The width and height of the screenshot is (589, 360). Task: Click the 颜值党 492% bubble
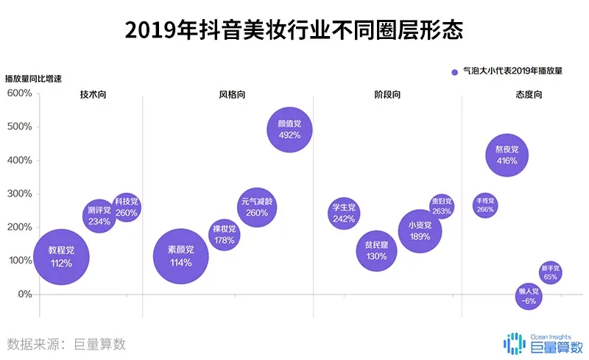click(x=289, y=130)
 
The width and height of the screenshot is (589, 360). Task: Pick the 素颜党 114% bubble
click(x=180, y=256)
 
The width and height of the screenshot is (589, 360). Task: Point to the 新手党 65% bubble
click(x=550, y=272)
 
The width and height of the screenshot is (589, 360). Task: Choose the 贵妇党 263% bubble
click(x=442, y=206)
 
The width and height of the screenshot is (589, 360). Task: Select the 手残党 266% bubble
click(x=485, y=205)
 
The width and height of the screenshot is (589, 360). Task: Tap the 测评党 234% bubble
click(x=99, y=215)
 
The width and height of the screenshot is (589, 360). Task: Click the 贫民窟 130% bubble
click(x=376, y=251)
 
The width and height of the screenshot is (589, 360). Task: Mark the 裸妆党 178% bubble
click(x=225, y=234)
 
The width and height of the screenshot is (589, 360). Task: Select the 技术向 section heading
click(x=93, y=95)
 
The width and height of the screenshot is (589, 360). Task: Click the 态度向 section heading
click(x=529, y=95)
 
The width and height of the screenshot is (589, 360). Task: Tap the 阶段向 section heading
click(x=387, y=95)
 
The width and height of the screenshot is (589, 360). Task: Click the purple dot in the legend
click(x=453, y=71)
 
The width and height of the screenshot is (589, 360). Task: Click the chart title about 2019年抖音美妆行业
click(x=294, y=30)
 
